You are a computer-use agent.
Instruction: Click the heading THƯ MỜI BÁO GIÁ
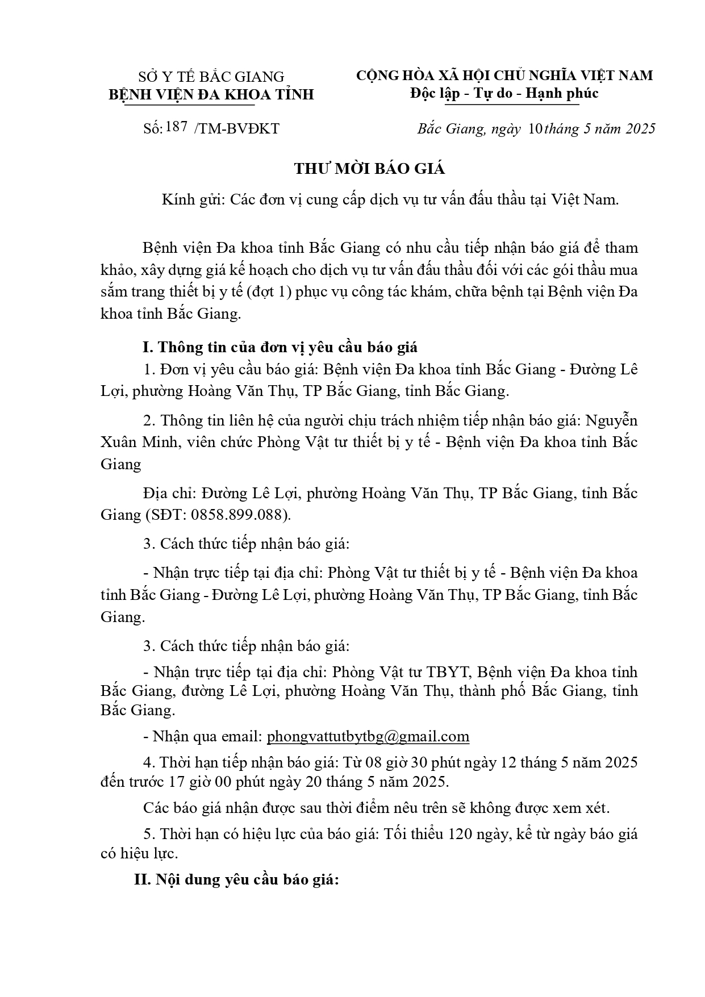[369, 169]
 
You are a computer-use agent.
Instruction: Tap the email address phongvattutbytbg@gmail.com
[368, 737]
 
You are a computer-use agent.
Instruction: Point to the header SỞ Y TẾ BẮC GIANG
[211, 76]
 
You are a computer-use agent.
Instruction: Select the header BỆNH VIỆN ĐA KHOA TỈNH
[211, 94]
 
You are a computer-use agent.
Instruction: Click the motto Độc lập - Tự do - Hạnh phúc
[504, 93]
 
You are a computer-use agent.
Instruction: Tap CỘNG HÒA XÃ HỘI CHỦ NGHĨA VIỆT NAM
[504, 75]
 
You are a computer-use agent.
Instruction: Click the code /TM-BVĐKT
[236, 128]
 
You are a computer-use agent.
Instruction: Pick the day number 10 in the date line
[535, 128]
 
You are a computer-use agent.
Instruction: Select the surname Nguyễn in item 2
[610, 421]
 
